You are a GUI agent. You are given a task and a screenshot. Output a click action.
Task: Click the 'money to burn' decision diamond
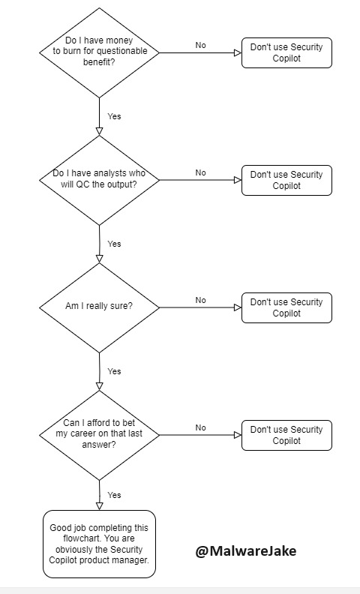click(99, 52)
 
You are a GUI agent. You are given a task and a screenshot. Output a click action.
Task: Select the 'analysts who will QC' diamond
click(99, 179)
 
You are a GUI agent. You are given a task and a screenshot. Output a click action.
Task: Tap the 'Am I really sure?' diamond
click(99, 307)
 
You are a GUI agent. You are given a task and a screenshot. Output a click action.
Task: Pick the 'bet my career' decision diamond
click(99, 434)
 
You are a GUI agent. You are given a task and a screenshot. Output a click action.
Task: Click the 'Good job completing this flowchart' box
click(99, 544)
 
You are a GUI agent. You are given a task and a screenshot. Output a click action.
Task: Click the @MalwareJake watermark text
click(246, 551)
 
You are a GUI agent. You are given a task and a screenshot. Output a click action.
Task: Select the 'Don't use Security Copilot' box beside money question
click(286, 52)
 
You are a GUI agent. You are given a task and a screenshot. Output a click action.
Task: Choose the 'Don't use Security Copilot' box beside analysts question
click(286, 180)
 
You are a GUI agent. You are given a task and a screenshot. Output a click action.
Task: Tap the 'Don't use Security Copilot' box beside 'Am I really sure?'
click(286, 307)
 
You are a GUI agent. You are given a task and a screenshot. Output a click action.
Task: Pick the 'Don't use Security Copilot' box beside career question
click(286, 435)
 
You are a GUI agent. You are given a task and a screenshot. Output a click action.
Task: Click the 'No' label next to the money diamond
click(200, 46)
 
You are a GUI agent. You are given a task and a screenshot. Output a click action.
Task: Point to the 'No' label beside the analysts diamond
click(200, 173)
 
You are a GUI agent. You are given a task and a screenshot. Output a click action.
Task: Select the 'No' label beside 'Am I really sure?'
click(200, 301)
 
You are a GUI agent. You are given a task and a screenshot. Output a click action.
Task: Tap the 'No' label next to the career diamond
click(200, 428)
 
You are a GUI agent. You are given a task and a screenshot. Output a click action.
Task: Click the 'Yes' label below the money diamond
click(114, 117)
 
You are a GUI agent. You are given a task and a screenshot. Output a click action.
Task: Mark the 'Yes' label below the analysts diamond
click(114, 244)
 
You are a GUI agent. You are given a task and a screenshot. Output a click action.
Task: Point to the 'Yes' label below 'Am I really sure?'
click(114, 372)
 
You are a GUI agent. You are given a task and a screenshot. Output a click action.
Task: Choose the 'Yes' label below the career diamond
click(114, 496)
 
